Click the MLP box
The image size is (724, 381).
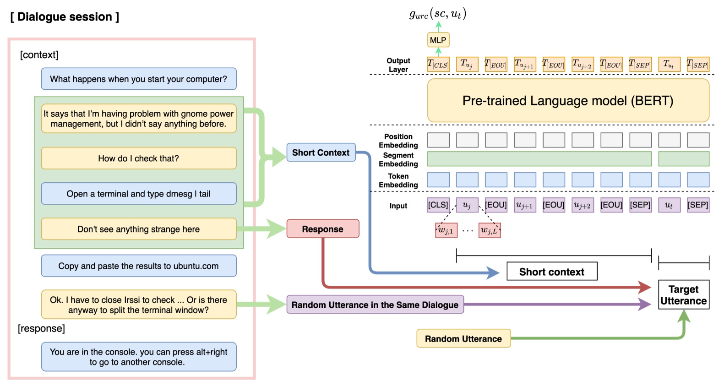click(x=438, y=40)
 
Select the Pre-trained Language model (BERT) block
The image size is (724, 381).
click(x=568, y=101)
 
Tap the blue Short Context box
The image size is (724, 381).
click(x=321, y=152)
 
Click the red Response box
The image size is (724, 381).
click(x=322, y=229)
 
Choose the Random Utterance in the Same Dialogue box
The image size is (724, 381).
click(x=375, y=305)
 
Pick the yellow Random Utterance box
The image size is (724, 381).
click(x=463, y=338)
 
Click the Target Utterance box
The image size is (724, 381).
click(x=683, y=295)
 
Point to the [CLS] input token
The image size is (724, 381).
click(x=438, y=205)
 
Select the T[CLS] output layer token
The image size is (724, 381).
click(x=438, y=64)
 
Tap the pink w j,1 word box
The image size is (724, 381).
click(x=446, y=230)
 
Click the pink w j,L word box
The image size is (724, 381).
click(x=489, y=230)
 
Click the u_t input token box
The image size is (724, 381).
click(x=669, y=205)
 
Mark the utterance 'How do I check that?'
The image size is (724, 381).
click(x=139, y=158)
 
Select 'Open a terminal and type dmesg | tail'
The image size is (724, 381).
click(x=139, y=194)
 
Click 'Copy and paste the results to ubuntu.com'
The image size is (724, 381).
click(x=139, y=266)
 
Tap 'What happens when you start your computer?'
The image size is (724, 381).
click(x=139, y=79)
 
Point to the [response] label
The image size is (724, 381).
click(x=41, y=328)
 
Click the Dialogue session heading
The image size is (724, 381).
click(x=65, y=17)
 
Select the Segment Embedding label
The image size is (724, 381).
click(x=398, y=159)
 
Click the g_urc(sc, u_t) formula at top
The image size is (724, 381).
click(x=438, y=14)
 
